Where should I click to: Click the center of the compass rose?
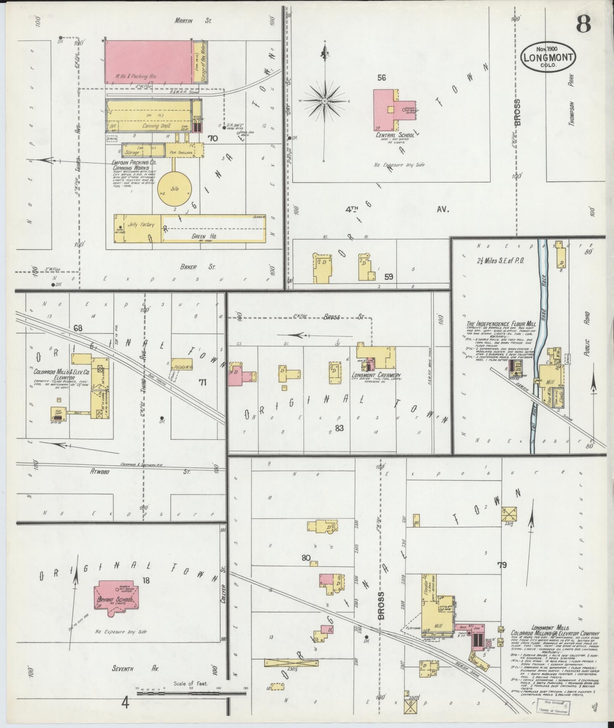tap(324, 101)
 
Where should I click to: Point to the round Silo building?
tap(175, 190)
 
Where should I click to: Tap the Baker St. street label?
tap(197, 267)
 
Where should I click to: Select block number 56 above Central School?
tap(381, 78)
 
